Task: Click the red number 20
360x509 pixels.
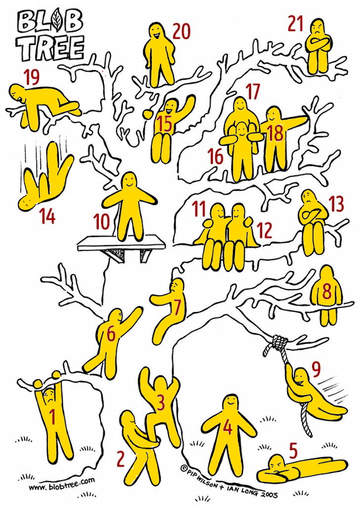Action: pos(181,32)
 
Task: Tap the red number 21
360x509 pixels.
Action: pos(295,24)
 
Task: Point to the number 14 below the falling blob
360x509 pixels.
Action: pos(47,216)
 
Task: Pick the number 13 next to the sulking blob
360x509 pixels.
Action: pos(336,204)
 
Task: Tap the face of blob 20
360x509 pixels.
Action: pos(156,32)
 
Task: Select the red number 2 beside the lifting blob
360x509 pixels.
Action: pos(121,459)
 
